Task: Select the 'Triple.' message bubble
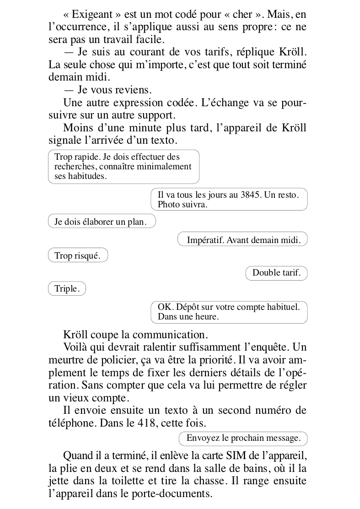coord(67,289)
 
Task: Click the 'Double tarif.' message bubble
coord(276,273)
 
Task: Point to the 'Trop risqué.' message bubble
coord(77,256)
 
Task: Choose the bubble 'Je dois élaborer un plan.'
coord(101,222)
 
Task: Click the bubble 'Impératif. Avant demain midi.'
coord(242,239)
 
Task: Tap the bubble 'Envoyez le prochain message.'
coord(243,438)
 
